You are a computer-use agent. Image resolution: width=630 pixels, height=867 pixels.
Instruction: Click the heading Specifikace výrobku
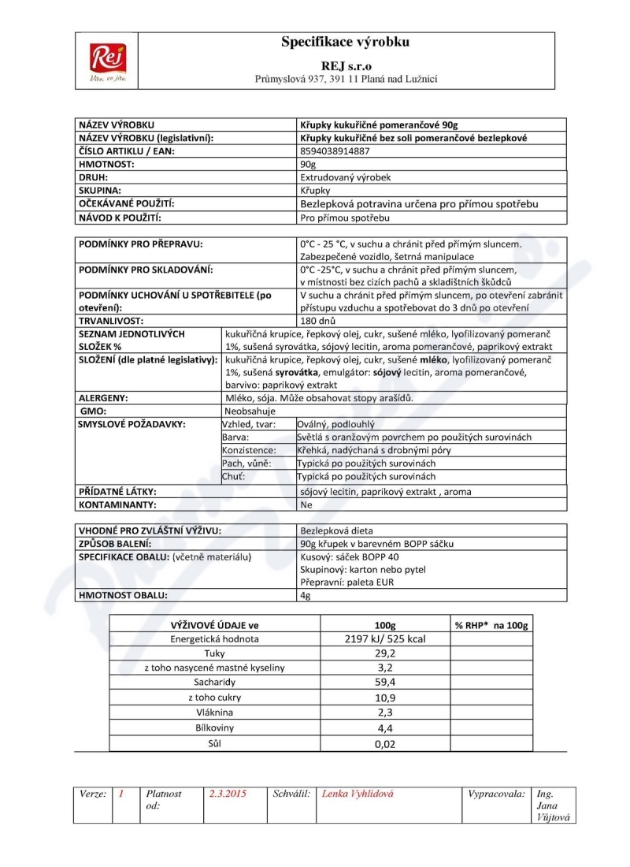pos(346,43)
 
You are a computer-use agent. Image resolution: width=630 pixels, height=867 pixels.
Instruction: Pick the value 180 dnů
pos(318,322)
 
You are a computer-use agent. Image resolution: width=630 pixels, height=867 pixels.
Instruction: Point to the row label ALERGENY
pos(103,398)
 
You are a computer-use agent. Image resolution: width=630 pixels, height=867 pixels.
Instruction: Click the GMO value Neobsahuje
pos(250,411)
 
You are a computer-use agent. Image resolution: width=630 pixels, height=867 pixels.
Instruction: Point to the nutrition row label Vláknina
pos(215,713)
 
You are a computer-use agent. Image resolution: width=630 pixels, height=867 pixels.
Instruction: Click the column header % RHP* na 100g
pos(491,625)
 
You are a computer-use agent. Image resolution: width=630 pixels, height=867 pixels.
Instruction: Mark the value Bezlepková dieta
pos(336,530)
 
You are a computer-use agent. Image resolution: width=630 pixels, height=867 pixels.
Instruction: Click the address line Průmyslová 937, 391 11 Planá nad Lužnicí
pos(346,79)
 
